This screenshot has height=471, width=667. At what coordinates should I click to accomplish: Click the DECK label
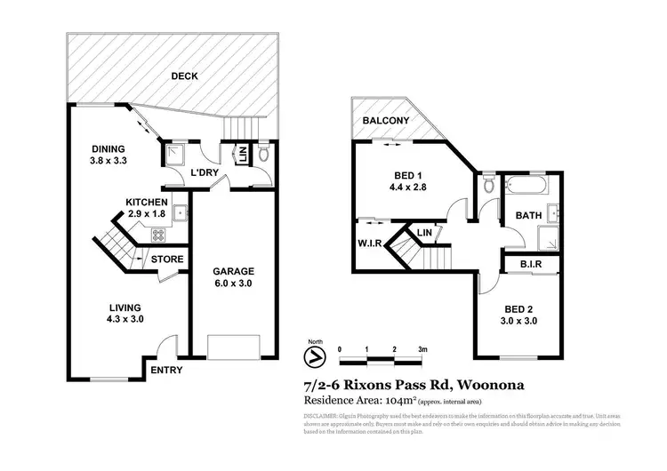click(184, 76)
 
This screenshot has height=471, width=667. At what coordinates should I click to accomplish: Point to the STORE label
click(167, 259)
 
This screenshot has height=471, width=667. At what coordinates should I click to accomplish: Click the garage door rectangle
click(233, 346)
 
